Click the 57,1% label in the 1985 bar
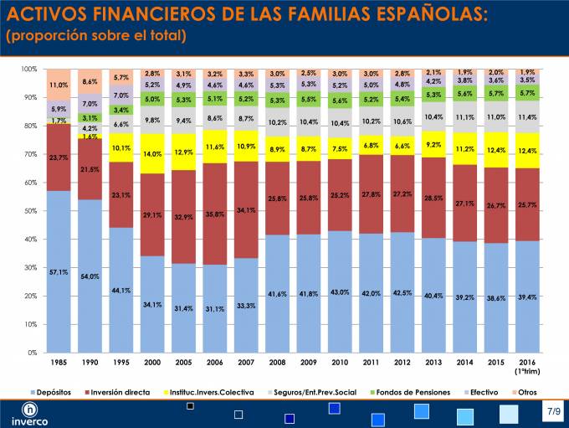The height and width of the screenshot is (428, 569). point(59,273)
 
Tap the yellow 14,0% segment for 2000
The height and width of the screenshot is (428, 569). point(152,154)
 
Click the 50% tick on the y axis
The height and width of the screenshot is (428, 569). point(31,211)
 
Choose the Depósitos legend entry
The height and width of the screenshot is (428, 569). point(51,392)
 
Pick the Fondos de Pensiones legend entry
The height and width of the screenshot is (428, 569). point(412,392)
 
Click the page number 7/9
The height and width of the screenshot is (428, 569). point(554,412)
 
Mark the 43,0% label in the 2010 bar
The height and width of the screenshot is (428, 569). point(339,291)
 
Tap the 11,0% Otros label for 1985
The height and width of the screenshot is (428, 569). point(59,85)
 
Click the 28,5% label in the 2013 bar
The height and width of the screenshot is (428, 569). point(433,198)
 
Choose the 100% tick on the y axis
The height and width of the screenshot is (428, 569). point(29,70)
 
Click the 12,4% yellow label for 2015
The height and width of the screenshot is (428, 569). point(496,150)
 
